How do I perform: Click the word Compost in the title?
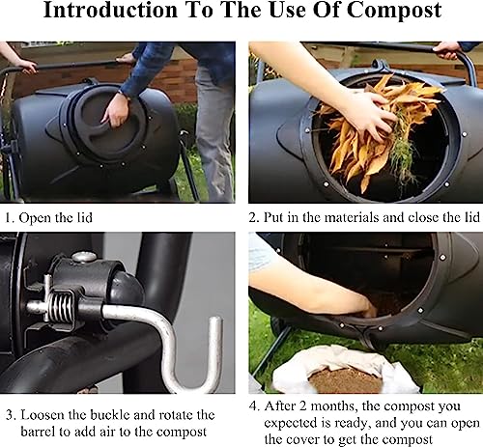click(x=393, y=11)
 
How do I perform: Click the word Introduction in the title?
click(x=110, y=10)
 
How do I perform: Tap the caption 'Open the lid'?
click(x=55, y=218)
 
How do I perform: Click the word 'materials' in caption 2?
click(x=352, y=217)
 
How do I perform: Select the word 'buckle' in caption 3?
click(x=109, y=415)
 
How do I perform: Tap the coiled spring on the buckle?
click(x=62, y=307)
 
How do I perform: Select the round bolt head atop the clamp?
click(x=84, y=257)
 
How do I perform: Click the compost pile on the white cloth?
click(x=345, y=380)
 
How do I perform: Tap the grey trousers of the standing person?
click(x=213, y=128)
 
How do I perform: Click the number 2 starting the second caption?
click(x=253, y=218)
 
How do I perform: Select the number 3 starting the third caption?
click(x=11, y=415)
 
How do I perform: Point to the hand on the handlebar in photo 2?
click(x=447, y=50)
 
